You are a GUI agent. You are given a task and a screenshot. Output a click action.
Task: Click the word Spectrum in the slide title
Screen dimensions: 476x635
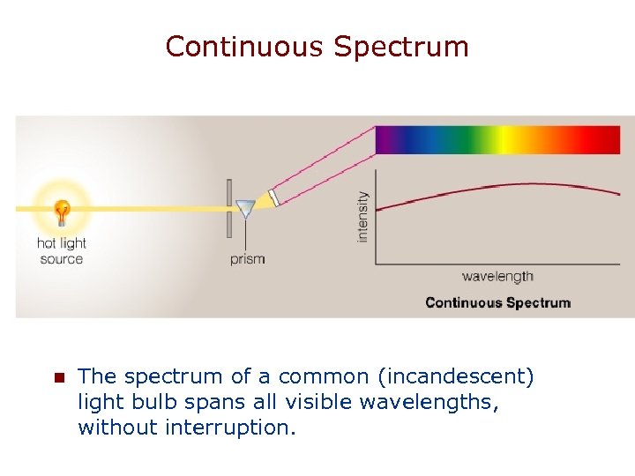tap(401, 46)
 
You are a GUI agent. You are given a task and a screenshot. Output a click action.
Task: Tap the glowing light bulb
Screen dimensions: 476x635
tap(62, 212)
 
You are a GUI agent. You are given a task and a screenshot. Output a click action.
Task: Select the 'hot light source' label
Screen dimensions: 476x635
tap(62, 251)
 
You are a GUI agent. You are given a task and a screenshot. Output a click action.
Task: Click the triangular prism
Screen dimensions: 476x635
tap(245, 209)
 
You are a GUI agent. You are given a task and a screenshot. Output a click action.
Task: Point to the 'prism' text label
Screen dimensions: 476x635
tap(247, 259)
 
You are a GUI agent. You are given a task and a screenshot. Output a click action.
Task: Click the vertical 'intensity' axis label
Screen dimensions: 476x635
tap(362, 217)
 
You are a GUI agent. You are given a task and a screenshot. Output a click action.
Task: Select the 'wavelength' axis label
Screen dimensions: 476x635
tap(497, 276)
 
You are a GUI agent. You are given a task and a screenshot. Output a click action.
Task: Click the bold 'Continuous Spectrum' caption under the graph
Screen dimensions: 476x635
tap(497, 302)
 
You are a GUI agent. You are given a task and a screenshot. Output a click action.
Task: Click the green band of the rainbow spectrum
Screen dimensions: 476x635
tap(472, 140)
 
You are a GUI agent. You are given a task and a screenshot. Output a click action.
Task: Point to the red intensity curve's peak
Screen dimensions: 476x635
tap(529, 184)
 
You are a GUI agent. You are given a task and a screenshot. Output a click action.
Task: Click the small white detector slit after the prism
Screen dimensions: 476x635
tap(274, 198)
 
